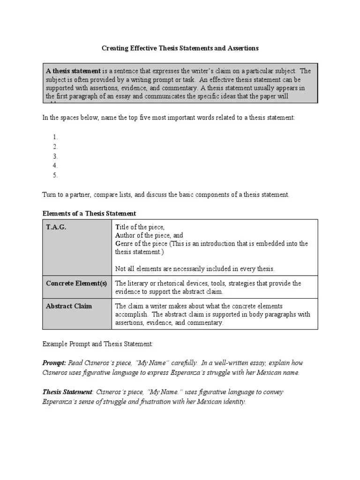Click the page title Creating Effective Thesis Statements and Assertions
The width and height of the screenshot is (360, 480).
click(180, 48)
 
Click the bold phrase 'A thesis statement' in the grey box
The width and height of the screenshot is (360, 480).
click(73, 71)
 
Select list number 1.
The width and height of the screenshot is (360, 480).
click(55, 137)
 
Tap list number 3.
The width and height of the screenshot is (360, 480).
click(55, 157)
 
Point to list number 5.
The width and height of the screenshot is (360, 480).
click(55, 176)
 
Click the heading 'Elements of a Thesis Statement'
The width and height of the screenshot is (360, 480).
click(89, 214)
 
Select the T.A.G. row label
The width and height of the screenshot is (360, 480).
click(56, 227)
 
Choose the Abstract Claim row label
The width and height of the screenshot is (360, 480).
click(69, 306)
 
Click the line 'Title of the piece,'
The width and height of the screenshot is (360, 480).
click(140, 227)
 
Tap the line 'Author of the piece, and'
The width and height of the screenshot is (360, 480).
click(149, 235)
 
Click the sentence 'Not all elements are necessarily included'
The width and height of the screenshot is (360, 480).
click(195, 269)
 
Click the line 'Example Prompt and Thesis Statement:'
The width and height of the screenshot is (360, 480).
click(97, 344)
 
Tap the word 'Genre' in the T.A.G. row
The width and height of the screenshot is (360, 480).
click(124, 244)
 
